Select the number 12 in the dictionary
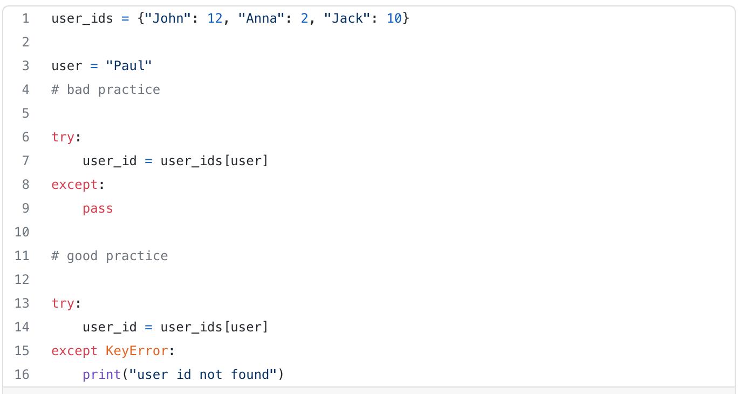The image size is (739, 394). pyautogui.click(x=215, y=18)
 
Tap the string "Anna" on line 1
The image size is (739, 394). pyautogui.click(x=262, y=18)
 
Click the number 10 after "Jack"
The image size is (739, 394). pyautogui.click(x=394, y=18)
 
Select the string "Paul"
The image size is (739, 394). pyautogui.click(x=129, y=66)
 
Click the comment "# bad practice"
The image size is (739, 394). pyautogui.click(x=106, y=90)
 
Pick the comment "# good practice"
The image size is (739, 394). pyautogui.click(x=110, y=256)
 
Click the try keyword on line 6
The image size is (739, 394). pyautogui.click(x=63, y=137)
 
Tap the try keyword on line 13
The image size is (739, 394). pyautogui.click(x=63, y=303)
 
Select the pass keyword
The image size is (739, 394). pyautogui.click(x=98, y=208)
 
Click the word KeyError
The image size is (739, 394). pyautogui.click(x=137, y=351)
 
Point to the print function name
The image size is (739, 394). pyautogui.click(x=102, y=375)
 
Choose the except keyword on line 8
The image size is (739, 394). pyautogui.click(x=74, y=185)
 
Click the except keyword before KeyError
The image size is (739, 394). pyautogui.click(x=74, y=351)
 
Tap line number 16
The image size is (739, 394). pyautogui.click(x=22, y=375)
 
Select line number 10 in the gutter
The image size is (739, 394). pyautogui.click(x=22, y=232)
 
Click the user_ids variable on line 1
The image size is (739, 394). pyautogui.click(x=82, y=18)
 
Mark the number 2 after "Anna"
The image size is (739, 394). pyautogui.click(x=304, y=18)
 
